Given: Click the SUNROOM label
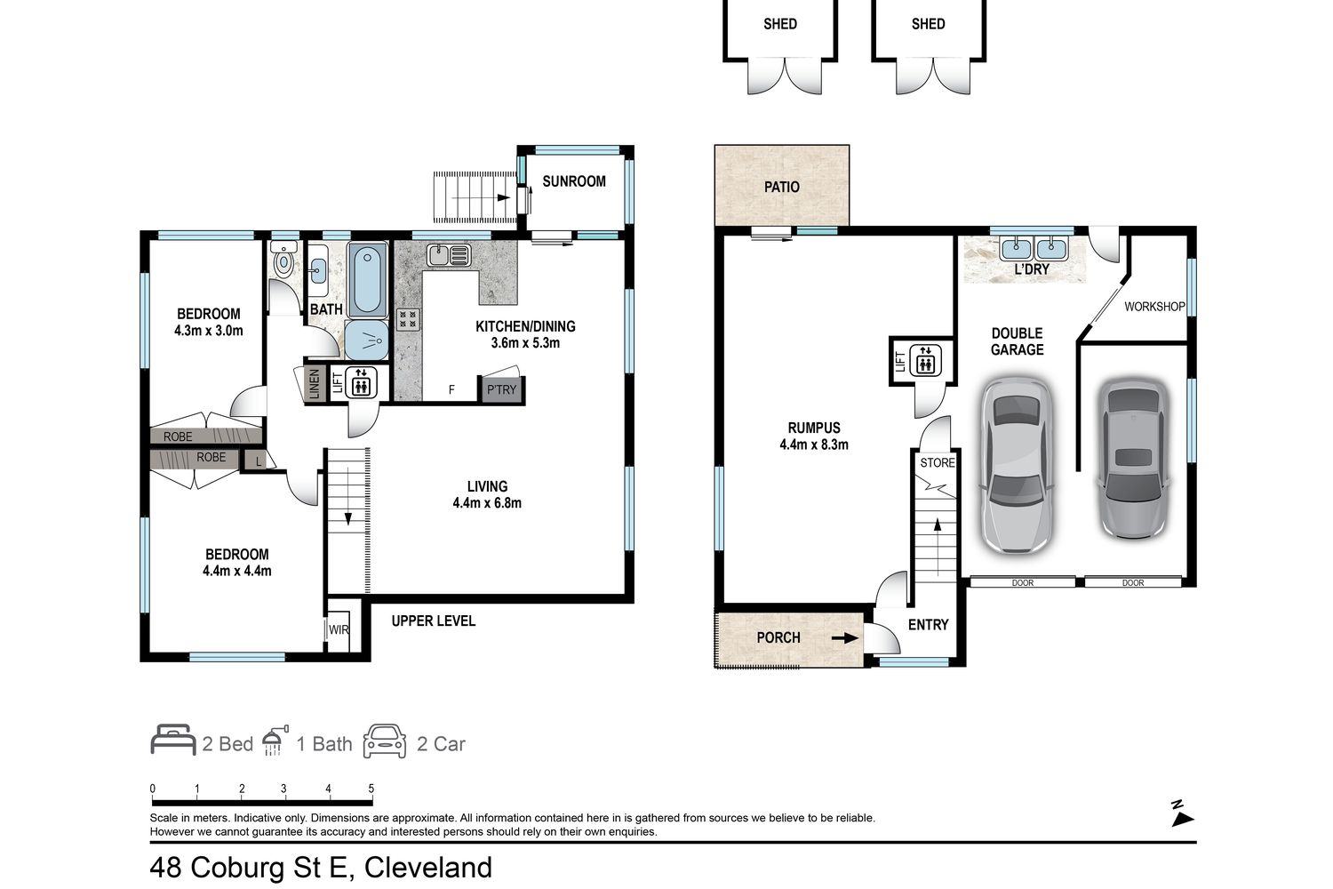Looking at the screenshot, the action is [x=574, y=181].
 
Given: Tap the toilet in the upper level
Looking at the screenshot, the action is [x=283, y=258].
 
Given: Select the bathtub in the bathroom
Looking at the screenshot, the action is [x=366, y=279].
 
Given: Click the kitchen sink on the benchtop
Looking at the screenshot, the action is [x=449, y=255].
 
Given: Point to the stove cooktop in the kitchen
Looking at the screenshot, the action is [x=408, y=319].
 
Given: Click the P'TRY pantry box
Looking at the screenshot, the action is [x=502, y=389].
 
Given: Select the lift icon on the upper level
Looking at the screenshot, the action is [x=361, y=381].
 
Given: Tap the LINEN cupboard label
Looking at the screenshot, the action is [x=315, y=383].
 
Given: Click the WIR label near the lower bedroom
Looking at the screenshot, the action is [x=339, y=629].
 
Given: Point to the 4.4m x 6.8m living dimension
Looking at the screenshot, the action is [x=487, y=503].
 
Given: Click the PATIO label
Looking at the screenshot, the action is [x=781, y=187].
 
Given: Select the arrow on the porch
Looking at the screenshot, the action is [x=844, y=638].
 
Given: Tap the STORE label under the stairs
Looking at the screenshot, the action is [x=938, y=462].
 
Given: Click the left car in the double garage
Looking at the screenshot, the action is [x=1017, y=465].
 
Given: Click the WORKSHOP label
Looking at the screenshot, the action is [x=1154, y=307].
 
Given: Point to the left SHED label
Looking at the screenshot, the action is [x=780, y=24].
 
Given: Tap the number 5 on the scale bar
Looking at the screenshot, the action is [x=371, y=789].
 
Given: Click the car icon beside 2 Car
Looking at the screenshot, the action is [x=385, y=741].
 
